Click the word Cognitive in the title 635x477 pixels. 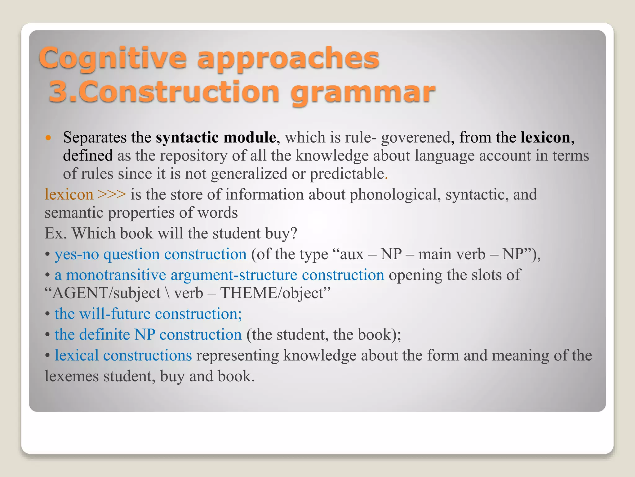point(113,58)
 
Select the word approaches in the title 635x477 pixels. point(288,58)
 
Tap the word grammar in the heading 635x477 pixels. point(363,93)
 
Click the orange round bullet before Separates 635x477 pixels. point(48,137)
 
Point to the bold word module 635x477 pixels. point(250,137)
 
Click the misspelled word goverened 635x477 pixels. point(415,137)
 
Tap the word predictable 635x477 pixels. point(347,173)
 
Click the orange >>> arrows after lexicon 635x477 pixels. point(112,194)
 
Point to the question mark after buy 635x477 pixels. point(294,233)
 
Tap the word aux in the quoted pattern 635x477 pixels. point(352,254)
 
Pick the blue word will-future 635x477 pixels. point(115,314)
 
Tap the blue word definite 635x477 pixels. point(104,334)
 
